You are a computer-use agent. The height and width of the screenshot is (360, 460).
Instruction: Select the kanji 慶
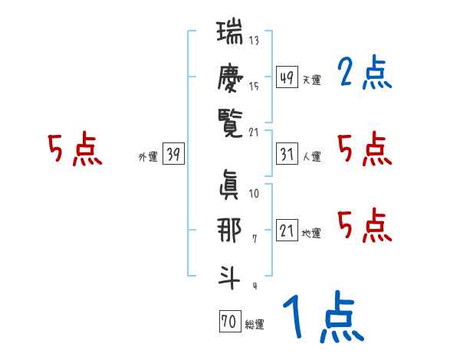pos(230,79)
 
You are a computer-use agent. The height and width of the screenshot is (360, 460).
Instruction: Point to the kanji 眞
pos(230,184)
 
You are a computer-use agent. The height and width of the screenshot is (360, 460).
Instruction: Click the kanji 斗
pos(230,273)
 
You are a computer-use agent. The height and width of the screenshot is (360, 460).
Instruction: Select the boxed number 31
pos(287,154)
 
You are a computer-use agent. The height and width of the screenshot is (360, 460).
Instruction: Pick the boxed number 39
pos(173,155)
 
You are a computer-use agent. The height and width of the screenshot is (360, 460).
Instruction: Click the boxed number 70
pos(229,322)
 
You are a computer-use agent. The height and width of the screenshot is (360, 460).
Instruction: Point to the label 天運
pos(311,80)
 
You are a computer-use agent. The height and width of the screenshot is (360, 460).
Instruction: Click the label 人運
pos(311,157)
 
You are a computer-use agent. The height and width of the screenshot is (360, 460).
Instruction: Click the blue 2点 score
pos(364,74)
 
